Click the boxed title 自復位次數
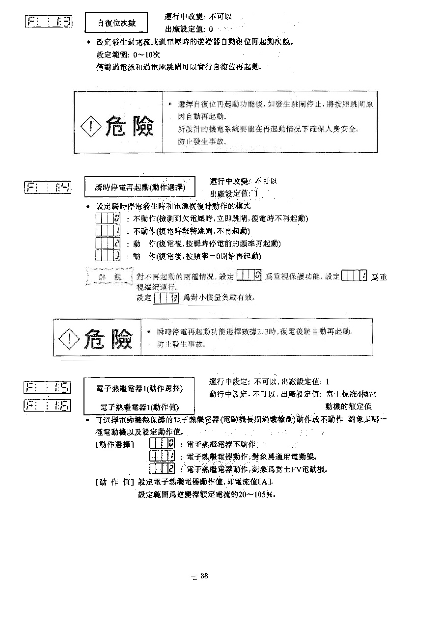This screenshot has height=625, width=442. click(116, 23)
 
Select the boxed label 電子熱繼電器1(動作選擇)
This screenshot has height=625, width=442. click(140, 388)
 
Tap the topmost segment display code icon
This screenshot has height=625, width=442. click(48, 21)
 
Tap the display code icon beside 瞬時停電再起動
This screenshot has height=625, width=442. click(48, 187)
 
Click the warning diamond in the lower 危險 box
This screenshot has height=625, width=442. click(69, 338)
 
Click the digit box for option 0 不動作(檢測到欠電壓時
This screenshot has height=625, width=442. click(108, 218)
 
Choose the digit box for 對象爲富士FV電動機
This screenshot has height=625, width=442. click(163, 468)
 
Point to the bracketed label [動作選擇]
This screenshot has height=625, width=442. click(114, 444)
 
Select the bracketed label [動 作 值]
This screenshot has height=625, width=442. click(114, 482)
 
